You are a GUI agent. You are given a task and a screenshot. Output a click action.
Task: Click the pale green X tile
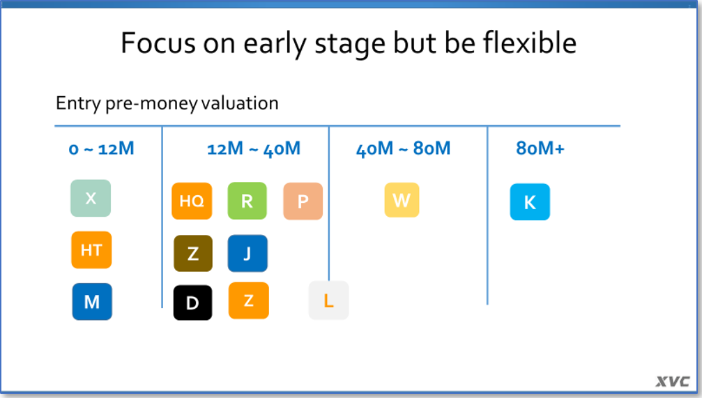pyautogui.click(x=91, y=199)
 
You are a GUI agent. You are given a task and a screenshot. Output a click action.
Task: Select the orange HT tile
pyautogui.click(x=91, y=250)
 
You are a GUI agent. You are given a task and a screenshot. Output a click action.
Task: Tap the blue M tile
pyautogui.click(x=92, y=302)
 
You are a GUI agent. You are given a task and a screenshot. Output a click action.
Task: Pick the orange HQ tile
pyautogui.click(x=192, y=201)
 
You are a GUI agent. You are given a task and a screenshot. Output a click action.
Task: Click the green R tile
pyautogui.click(x=247, y=201)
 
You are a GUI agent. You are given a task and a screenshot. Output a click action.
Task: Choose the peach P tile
pyautogui.click(x=303, y=201)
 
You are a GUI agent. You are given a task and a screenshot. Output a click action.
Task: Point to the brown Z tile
pyautogui.click(x=193, y=254)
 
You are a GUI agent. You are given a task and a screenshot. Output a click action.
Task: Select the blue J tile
pyautogui.click(x=247, y=254)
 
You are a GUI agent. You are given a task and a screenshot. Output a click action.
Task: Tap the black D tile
pyautogui.click(x=192, y=303)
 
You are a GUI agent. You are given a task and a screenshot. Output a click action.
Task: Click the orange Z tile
pyautogui.click(x=248, y=300)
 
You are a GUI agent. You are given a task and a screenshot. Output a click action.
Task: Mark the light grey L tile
pyautogui.click(x=328, y=300)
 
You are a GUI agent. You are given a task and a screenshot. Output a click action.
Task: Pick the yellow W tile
pyautogui.click(x=402, y=200)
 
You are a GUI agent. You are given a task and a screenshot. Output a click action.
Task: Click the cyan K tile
pyautogui.click(x=530, y=202)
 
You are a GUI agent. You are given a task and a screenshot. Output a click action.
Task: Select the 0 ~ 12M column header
pyautogui.click(x=101, y=148)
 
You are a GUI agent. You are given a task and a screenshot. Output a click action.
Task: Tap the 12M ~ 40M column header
pyautogui.click(x=254, y=148)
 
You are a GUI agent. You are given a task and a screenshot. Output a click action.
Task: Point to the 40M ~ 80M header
pyautogui.click(x=404, y=148)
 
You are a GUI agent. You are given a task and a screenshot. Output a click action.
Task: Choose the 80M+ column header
pyautogui.click(x=540, y=148)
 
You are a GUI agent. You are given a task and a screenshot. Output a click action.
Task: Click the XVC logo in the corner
pyautogui.click(x=673, y=381)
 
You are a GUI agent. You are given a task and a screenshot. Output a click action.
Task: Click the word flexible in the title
pyautogui.click(x=530, y=43)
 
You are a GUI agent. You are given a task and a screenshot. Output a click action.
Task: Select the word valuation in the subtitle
pyautogui.click(x=240, y=103)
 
